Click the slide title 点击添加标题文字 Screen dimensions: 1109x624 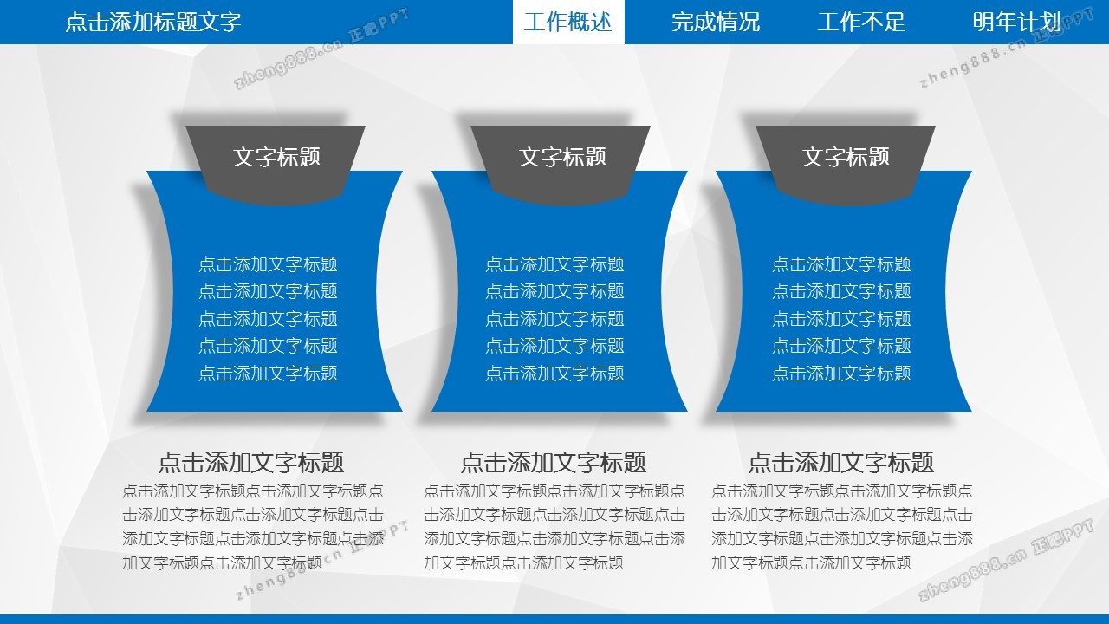(x=153, y=22)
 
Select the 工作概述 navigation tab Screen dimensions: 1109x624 (x=567, y=22)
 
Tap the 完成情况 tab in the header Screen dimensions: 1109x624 (x=716, y=22)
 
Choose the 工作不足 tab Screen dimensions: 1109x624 (x=861, y=22)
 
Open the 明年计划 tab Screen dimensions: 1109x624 (x=1016, y=22)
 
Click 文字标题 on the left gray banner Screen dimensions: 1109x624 (x=276, y=157)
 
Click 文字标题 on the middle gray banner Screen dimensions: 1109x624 (x=562, y=157)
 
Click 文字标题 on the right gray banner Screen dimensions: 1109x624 (x=846, y=157)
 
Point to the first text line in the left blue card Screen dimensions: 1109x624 (x=268, y=264)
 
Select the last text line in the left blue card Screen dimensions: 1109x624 (x=268, y=374)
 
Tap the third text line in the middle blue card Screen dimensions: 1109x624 (x=554, y=319)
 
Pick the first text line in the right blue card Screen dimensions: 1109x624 (x=841, y=264)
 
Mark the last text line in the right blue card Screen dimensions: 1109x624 (x=841, y=374)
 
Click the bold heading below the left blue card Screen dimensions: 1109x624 (x=251, y=463)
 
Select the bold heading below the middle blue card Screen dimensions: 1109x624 (x=553, y=463)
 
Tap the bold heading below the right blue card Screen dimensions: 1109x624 (x=840, y=463)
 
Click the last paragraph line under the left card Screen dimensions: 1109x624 (x=223, y=562)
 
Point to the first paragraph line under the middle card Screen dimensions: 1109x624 (x=554, y=491)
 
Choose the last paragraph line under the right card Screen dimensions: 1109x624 (x=811, y=562)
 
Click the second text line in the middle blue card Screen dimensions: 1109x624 (x=554, y=291)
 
